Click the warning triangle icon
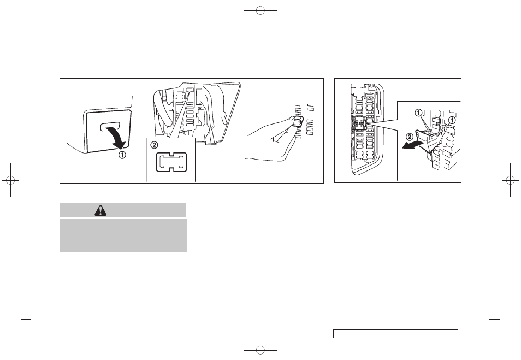[100, 210]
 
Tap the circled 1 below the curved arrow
[123, 155]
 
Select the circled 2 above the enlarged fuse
[154, 145]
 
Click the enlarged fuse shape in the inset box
[171, 162]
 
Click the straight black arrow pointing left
[412, 145]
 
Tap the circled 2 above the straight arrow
[410, 137]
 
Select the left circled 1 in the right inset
[419, 113]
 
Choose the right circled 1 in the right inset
[452, 120]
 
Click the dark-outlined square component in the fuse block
[359, 125]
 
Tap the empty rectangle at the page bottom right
[395, 334]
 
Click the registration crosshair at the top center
[260, 10]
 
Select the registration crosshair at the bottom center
[260, 350]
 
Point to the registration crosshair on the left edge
[10, 180]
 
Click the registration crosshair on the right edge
[511, 180]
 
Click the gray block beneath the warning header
[123, 235]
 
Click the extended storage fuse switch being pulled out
[429, 140]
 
